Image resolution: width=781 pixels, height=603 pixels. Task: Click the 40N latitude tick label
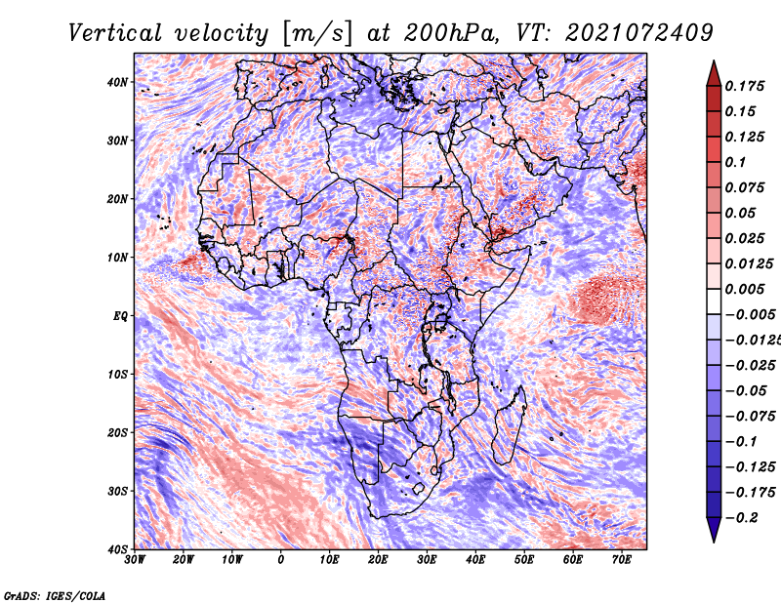[x=117, y=82]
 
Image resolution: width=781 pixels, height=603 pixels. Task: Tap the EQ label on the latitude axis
[x=120, y=316]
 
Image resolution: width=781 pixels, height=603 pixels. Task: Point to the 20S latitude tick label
[x=117, y=432]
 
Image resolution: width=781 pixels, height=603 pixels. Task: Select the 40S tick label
[x=117, y=549]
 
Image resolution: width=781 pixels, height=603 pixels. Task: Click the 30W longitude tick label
[x=135, y=560]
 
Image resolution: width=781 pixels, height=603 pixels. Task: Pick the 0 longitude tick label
[x=281, y=560]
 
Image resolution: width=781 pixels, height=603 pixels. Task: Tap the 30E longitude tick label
[x=427, y=560]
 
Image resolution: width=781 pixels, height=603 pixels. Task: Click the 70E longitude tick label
[x=622, y=560]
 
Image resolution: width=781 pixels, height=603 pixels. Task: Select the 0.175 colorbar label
[x=744, y=86]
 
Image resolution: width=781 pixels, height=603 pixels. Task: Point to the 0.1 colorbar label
[x=736, y=162]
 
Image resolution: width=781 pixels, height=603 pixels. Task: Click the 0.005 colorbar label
[x=744, y=289]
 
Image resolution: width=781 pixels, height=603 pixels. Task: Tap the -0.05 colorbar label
[x=746, y=390]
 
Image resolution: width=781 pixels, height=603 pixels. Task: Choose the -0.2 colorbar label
[x=742, y=517]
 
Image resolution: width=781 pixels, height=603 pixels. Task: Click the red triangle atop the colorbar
[x=714, y=73]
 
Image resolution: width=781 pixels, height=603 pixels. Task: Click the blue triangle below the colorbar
[x=714, y=530]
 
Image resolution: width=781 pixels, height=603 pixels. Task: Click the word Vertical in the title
[x=115, y=32]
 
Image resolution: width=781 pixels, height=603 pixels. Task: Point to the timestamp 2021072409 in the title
[x=639, y=32]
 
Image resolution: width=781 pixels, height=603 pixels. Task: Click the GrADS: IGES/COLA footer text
[x=55, y=595]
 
